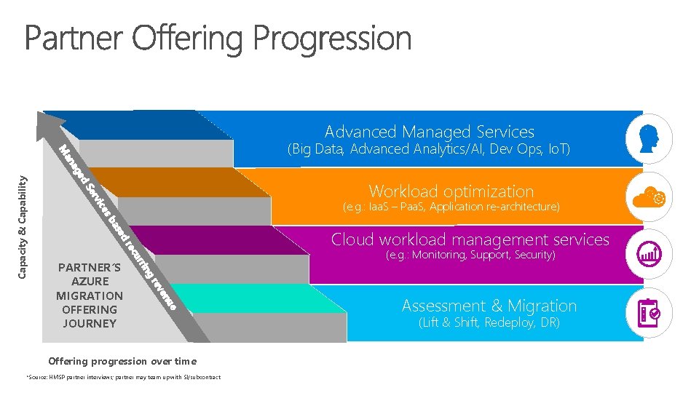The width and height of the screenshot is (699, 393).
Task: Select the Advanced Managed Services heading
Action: pyautogui.click(x=429, y=132)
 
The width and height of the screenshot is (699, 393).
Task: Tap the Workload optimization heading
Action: pyautogui.click(x=451, y=191)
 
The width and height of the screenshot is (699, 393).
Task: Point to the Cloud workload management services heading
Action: pyautogui.click(x=470, y=239)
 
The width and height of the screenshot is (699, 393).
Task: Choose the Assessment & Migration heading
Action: pyautogui.click(x=489, y=306)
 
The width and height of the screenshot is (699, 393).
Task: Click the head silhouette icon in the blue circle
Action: pyautogui.click(x=648, y=138)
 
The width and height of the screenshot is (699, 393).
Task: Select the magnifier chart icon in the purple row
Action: pyautogui.click(x=648, y=253)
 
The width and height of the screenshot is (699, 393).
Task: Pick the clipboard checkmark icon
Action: pyautogui.click(x=648, y=312)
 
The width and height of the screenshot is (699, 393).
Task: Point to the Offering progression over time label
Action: pyautogui.click(x=122, y=361)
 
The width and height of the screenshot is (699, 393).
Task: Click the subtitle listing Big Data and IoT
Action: pyautogui.click(x=429, y=150)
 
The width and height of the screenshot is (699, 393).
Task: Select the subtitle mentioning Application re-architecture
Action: pyautogui.click(x=451, y=207)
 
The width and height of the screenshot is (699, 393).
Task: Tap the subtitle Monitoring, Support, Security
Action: pyautogui.click(x=470, y=255)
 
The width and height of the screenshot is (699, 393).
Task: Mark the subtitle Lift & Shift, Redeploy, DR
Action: pyautogui.click(x=489, y=322)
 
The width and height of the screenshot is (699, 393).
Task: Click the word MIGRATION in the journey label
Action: pyautogui.click(x=90, y=295)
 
